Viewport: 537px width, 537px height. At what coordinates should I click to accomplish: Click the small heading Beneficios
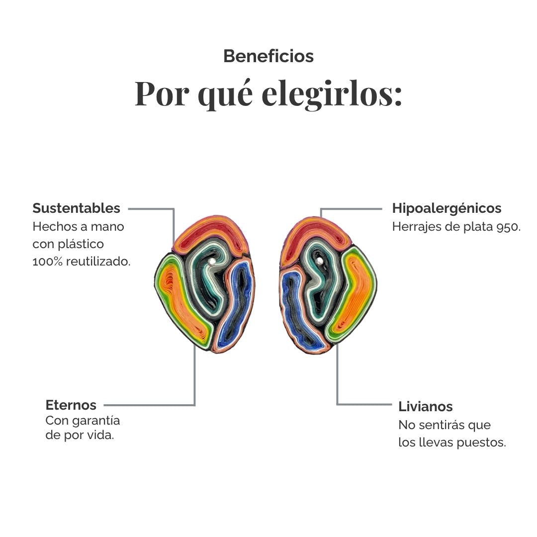coord(268,56)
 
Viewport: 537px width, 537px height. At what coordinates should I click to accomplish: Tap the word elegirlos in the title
coord(332,94)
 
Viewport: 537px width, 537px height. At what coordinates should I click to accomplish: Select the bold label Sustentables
coord(77,208)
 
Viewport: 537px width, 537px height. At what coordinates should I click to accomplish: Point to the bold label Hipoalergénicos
coord(447,208)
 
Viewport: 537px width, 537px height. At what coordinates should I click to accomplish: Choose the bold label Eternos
coord(71,405)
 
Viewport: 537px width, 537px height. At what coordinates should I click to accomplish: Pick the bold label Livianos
coord(425,407)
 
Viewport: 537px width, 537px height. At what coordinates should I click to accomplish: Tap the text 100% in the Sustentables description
coord(48,262)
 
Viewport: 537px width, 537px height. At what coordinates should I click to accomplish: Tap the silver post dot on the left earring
coord(212,262)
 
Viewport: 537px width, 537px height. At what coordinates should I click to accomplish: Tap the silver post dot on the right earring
coord(320,262)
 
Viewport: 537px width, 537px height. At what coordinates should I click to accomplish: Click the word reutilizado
coord(98,262)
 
